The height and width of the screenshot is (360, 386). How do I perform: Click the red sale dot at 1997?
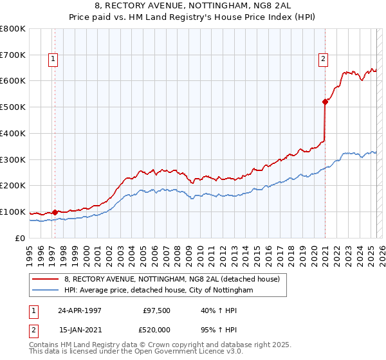55,212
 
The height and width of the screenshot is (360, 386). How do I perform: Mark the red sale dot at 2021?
326,101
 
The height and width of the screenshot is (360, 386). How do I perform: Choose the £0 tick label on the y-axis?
20,238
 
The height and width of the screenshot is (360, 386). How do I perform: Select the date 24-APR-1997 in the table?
80,310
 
